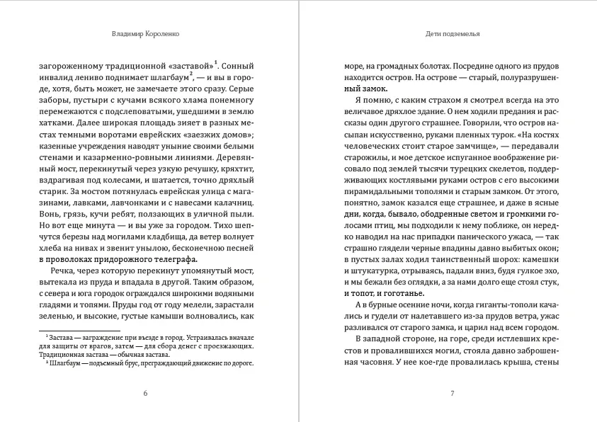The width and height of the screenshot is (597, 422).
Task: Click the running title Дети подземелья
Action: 450,33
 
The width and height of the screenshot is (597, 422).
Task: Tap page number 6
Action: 145,393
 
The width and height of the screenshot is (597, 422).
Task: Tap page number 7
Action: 452,393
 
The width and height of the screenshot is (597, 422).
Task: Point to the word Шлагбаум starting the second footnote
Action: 61,363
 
